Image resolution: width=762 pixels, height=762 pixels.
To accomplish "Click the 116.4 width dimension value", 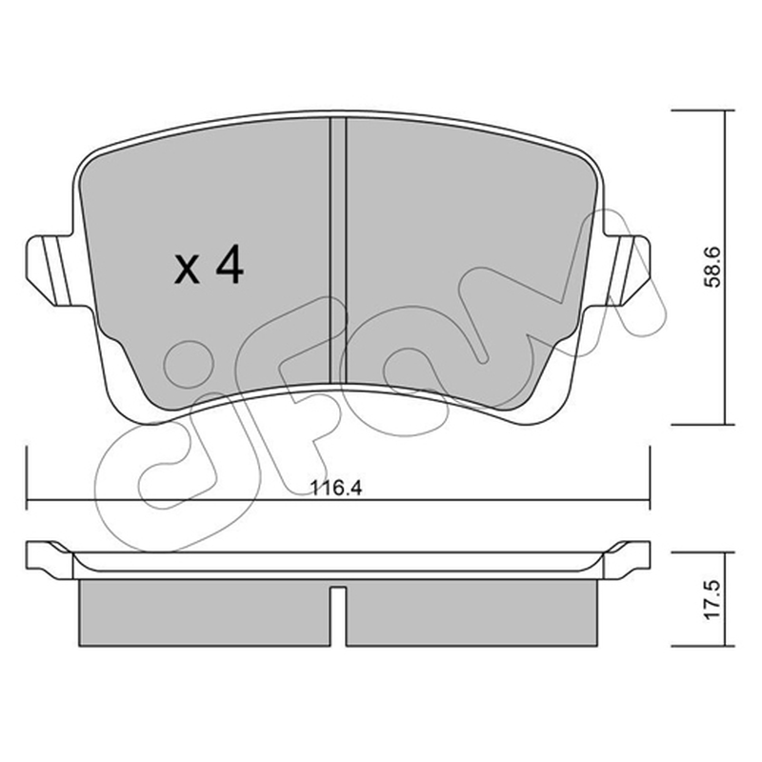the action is pyautogui.click(x=336, y=488).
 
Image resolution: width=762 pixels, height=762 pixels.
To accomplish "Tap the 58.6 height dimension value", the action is pyautogui.click(x=712, y=268).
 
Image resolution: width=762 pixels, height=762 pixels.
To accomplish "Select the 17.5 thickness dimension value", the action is pyautogui.click(x=712, y=599).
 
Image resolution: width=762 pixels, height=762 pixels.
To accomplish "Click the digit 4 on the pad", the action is pyautogui.click(x=230, y=264).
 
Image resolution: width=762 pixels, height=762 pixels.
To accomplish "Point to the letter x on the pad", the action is pyautogui.click(x=187, y=271).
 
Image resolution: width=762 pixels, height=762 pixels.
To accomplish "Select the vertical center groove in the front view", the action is pyautogui.click(x=338, y=251).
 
